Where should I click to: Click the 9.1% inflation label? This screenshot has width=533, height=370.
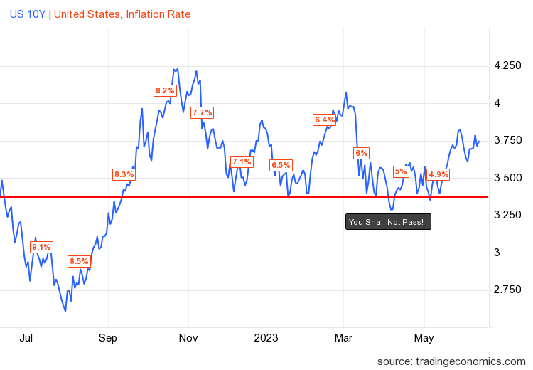click(x=41, y=247)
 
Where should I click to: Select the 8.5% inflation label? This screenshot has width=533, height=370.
click(x=79, y=261)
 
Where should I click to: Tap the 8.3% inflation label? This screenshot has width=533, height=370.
click(x=124, y=174)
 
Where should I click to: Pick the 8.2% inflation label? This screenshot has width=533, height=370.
click(x=165, y=90)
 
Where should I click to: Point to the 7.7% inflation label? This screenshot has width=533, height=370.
click(x=203, y=112)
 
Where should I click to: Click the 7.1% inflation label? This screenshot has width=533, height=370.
click(x=242, y=162)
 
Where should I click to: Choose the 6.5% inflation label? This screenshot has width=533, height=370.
click(x=281, y=166)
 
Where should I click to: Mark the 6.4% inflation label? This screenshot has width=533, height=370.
click(x=324, y=120)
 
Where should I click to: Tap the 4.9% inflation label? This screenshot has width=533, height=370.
click(x=438, y=174)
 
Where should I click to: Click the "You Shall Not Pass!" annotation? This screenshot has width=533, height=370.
click(x=389, y=222)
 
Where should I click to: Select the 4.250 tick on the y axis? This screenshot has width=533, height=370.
click(x=507, y=66)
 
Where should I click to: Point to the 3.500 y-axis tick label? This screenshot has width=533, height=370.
click(x=507, y=178)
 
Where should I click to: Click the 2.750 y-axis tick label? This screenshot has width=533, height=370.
click(x=507, y=290)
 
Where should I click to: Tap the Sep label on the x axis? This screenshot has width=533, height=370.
click(x=108, y=337)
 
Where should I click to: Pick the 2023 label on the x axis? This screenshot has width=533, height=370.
click(x=266, y=337)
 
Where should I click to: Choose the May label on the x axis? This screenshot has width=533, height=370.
click(x=424, y=337)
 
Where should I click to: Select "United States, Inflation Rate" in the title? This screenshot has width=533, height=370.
click(x=122, y=14)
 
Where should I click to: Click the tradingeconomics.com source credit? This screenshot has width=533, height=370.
click(x=451, y=361)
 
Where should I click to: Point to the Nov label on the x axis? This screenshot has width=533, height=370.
click(x=188, y=337)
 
